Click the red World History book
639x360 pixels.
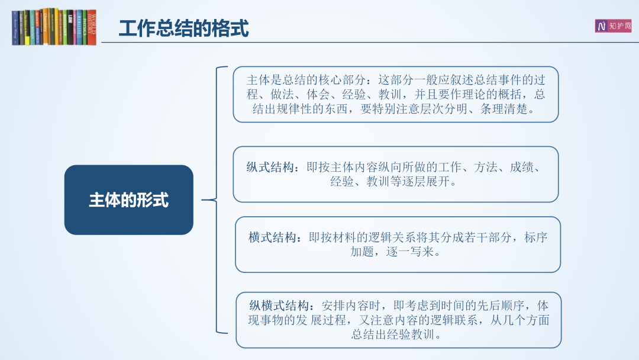point(92,27)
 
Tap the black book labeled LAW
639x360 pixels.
point(70,27)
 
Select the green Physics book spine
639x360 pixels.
point(85,27)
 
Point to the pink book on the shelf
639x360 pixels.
point(75,27)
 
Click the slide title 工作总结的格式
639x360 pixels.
point(184,28)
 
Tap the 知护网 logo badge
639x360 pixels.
point(613,26)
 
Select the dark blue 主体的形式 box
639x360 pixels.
point(129,200)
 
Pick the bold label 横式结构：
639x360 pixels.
point(276,237)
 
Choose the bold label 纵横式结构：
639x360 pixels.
point(282,306)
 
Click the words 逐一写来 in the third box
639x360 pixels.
point(409,252)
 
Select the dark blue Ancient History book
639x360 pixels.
point(15,28)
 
